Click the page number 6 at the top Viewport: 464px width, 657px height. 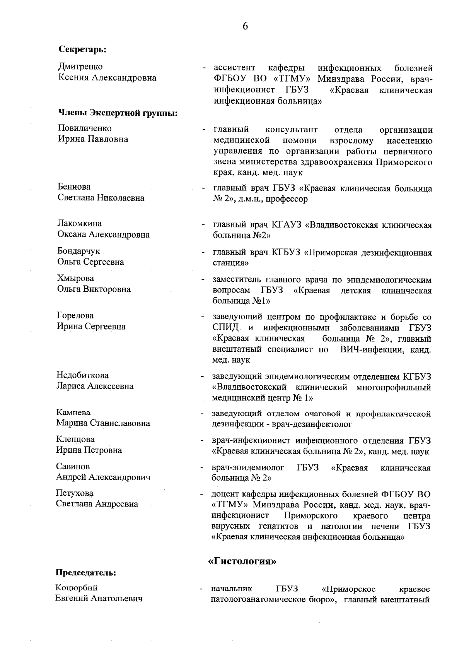coord(245,26)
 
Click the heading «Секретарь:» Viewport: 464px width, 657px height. coord(82,50)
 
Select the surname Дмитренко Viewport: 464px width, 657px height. coord(80,67)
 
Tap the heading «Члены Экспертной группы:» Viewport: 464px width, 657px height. coord(118,113)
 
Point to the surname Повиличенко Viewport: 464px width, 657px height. coord(85,128)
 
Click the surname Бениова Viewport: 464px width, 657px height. coord(74,187)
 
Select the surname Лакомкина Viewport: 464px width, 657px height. coord(80,224)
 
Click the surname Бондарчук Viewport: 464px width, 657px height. coord(78,251)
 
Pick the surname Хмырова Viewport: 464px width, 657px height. coord(75,278)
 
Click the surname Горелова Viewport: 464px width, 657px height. coord(75,316)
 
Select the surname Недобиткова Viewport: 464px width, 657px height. coord(82,375)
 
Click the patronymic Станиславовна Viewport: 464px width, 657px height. coord(120,423)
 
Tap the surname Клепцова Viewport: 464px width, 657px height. coord(75,440)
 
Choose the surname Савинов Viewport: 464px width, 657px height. coord(73,467)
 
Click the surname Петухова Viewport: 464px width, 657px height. coord(75,493)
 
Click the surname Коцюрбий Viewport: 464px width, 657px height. coord(77,588)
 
